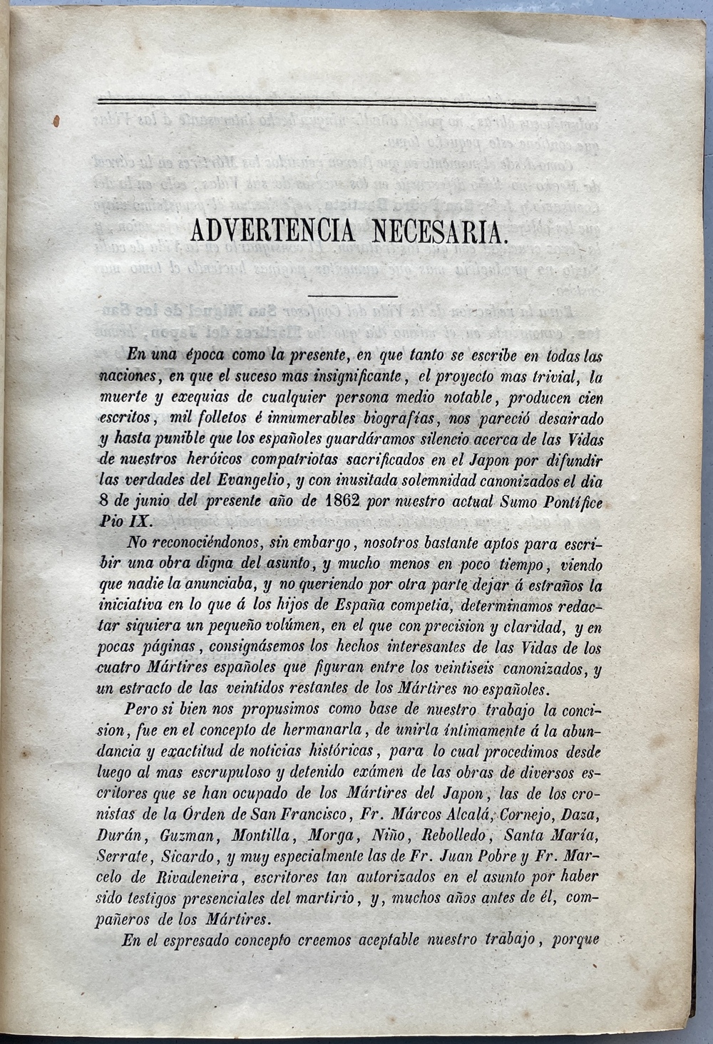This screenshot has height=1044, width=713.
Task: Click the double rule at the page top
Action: [346, 107]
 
